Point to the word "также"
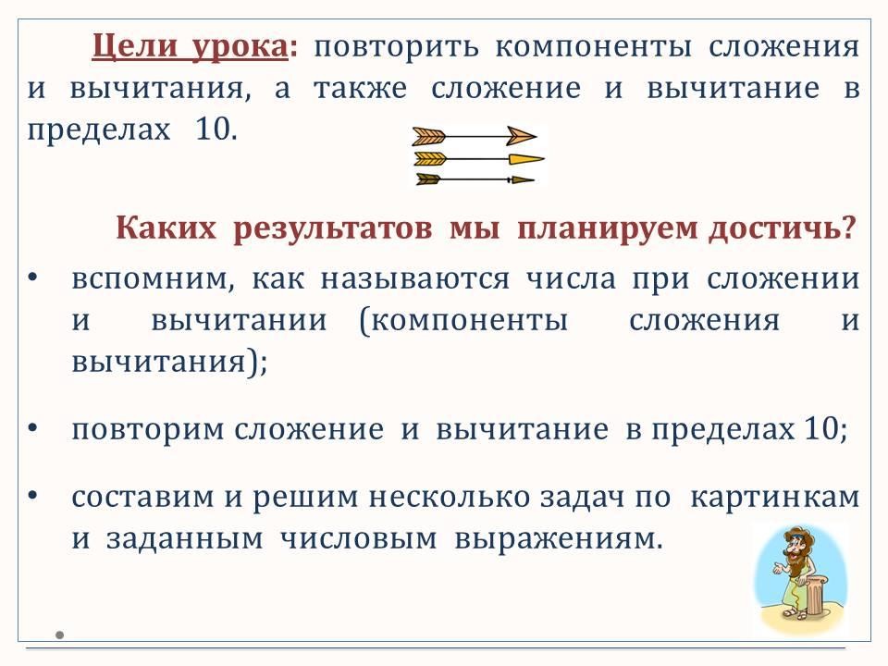(x=360, y=89)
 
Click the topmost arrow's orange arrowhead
(x=521, y=136)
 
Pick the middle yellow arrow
(x=479, y=158)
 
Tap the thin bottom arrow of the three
(x=475, y=179)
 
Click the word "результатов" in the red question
(x=332, y=229)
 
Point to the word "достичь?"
(x=782, y=228)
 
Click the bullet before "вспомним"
(x=32, y=277)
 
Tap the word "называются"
(x=414, y=279)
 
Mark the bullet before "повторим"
(x=32, y=428)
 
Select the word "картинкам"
(x=775, y=498)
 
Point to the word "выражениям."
(x=559, y=539)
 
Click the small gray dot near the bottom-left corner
(x=59, y=635)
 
